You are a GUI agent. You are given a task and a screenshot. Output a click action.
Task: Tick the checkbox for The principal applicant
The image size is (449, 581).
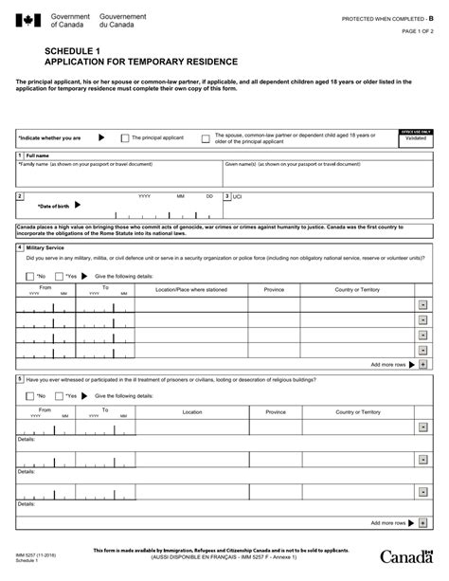(124, 138)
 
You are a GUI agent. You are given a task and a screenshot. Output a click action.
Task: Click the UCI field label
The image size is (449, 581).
(238, 196)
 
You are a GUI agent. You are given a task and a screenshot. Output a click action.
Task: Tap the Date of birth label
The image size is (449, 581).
(53, 205)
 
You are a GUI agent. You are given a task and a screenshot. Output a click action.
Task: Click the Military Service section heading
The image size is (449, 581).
(45, 247)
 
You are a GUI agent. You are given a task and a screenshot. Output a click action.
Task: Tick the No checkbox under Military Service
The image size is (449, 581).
(30, 276)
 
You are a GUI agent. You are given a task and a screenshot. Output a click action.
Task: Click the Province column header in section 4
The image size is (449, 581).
(275, 289)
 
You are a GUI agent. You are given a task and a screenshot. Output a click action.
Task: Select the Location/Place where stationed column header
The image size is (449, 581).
(191, 289)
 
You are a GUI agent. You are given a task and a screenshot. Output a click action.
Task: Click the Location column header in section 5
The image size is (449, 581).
(191, 412)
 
